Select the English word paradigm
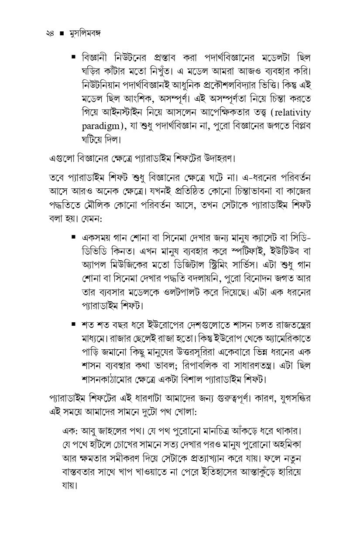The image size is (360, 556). (102, 127)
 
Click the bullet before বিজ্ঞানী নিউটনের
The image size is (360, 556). (74, 57)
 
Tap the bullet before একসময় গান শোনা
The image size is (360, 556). (74, 238)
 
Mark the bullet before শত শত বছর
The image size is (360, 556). (74, 324)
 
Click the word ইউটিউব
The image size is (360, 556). (287, 252)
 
